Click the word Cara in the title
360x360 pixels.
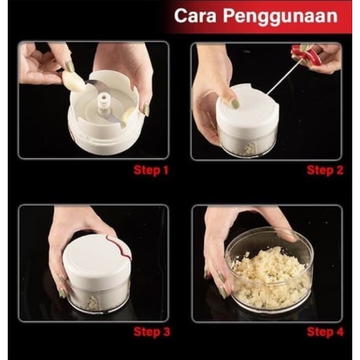[x=195, y=15]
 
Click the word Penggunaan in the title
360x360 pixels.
[x=280, y=16]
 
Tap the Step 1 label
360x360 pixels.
[x=151, y=170]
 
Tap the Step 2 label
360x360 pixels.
[x=325, y=170]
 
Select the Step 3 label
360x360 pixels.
[x=152, y=333]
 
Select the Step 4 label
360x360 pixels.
[x=325, y=333]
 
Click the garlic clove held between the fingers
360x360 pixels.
[x=74, y=82]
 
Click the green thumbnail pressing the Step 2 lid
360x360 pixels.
[x=235, y=102]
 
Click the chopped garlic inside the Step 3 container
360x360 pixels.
[x=92, y=302]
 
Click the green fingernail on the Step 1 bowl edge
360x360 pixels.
[x=146, y=110]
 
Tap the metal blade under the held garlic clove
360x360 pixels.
[x=94, y=85]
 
